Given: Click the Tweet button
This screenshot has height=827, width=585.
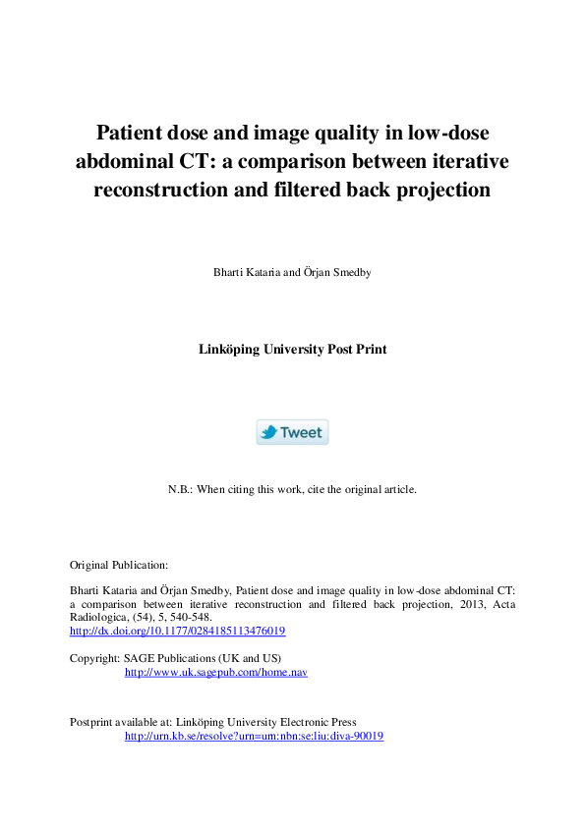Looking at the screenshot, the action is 292,432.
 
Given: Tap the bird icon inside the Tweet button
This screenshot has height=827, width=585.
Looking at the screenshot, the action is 268,432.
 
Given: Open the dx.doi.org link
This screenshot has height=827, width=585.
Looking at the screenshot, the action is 177,631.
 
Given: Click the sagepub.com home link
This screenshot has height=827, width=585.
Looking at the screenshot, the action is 216,673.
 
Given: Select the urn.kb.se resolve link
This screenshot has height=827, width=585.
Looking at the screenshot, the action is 254,736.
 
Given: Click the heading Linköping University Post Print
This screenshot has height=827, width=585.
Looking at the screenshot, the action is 292,349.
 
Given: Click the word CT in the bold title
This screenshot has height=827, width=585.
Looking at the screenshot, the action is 200,161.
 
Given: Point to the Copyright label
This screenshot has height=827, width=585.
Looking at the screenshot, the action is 94,656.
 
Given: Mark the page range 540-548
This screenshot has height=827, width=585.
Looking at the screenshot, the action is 191,617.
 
